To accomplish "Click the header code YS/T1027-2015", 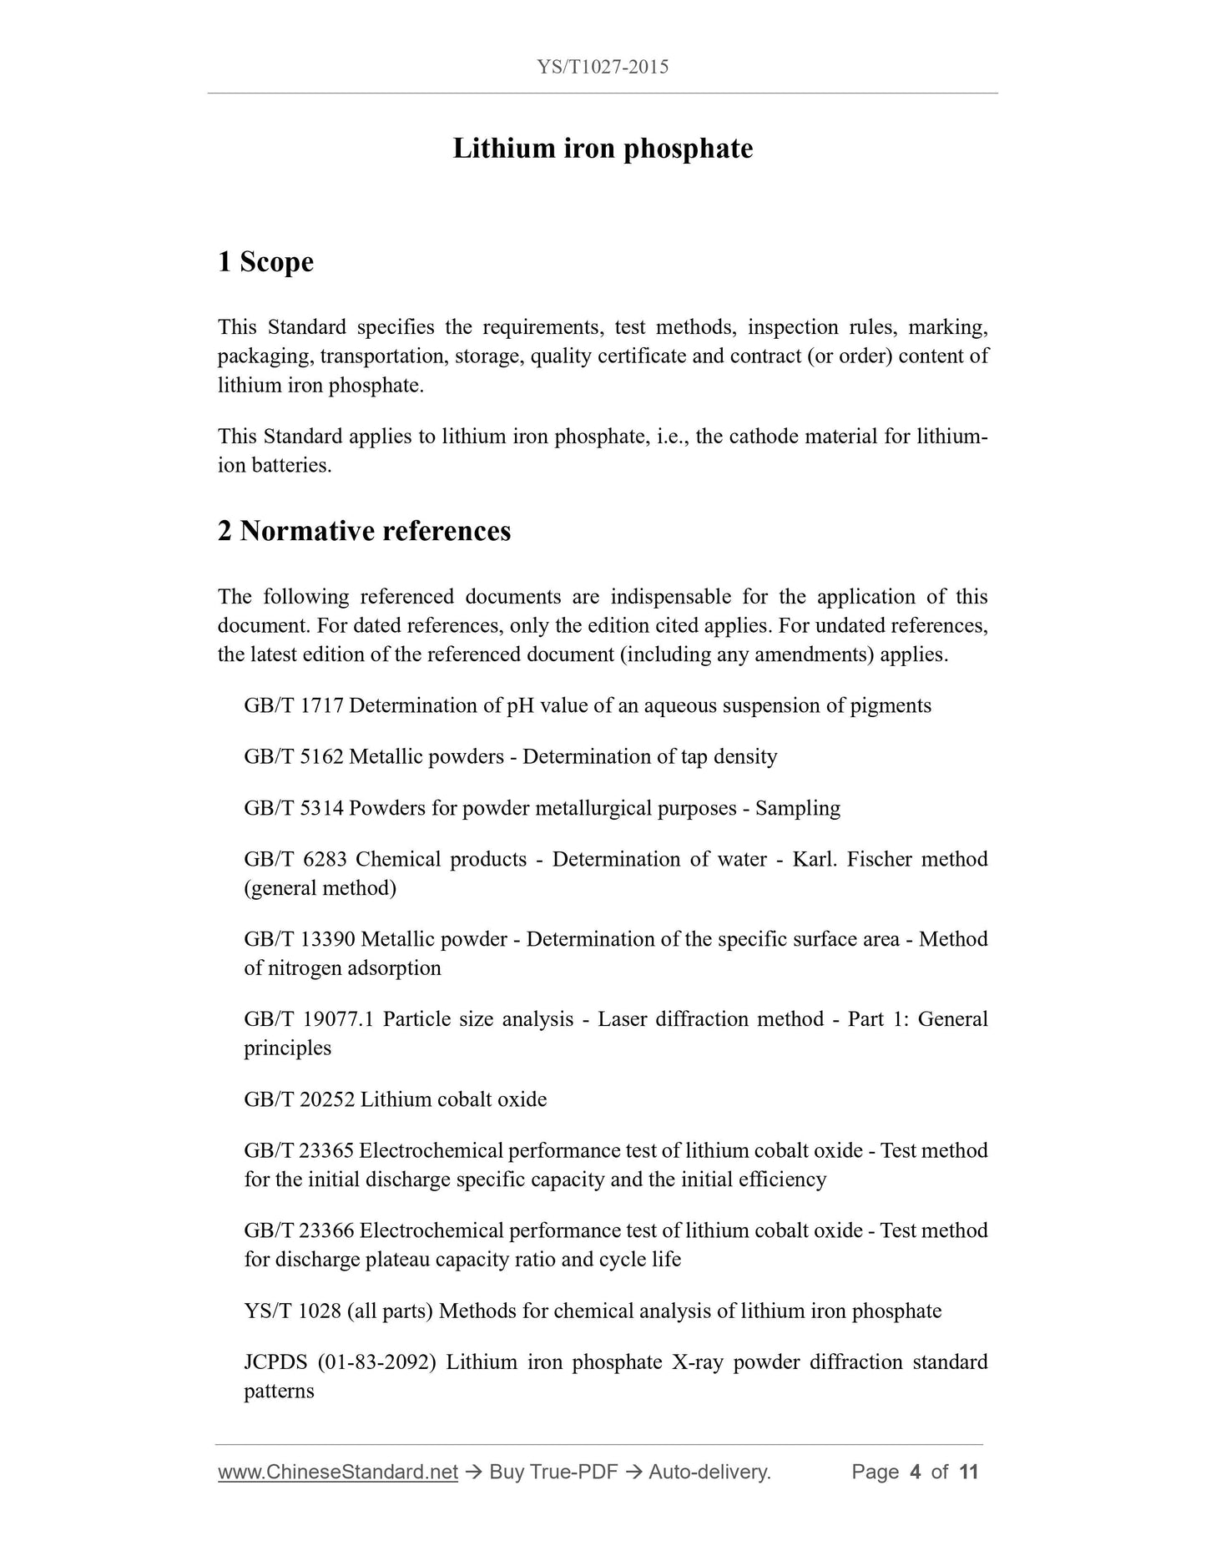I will pyautogui.click(x=603, y=68).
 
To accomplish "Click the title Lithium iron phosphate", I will pyautogui.click(x=603, y=149).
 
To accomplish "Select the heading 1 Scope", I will pyautogui.click(x=265, y=262).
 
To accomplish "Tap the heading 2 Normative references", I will pyautogui.click(x=364, y=531).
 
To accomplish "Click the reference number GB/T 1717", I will pyautogui.click(x=293, y=706).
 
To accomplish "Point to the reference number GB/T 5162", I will pyautogui.click(x=293, y=757).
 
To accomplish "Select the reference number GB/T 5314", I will pyautogui.click(x=293, y=809).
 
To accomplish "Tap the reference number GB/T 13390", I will pyautogui.click(x=300, y=940).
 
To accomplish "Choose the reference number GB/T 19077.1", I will pyautogui.click(x=309, y=1020).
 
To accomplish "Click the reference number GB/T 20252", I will pyautogui.click(x=299, y=1100).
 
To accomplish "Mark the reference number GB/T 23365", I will pyautogui.click(x=299, y=1151).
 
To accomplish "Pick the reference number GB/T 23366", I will pyautogui.click(x=299, y=1231).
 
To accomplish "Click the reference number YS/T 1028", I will pyautogui.click(x=292, y=1311).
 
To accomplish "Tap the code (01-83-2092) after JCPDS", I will pyautogui.click(x=376, y=1362).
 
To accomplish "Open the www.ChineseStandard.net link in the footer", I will pyautogui.click(x=338, y=1472).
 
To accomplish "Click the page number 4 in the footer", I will pyautogui.click(x=915, y=1472).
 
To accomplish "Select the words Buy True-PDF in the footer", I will pyautogui.click(x=553, y=1472).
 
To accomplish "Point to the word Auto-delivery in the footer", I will pyautogui.click(x=709, y=1472).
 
